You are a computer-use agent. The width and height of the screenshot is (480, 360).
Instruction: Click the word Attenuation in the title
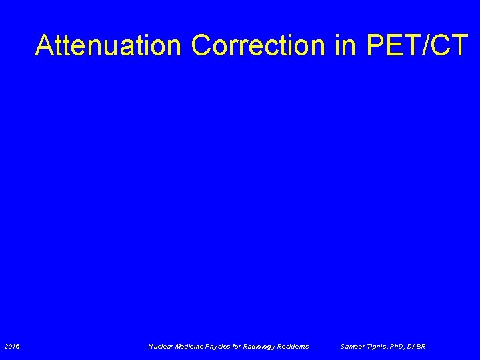(109, 45)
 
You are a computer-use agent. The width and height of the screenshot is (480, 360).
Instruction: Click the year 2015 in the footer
(12, 346)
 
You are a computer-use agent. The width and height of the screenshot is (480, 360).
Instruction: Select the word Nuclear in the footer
(161, 346)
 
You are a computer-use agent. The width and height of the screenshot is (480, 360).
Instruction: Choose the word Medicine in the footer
(191, 346)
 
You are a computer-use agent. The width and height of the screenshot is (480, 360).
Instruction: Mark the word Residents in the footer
(295, 346)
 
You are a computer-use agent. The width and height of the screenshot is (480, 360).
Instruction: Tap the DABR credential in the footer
(417, 346)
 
